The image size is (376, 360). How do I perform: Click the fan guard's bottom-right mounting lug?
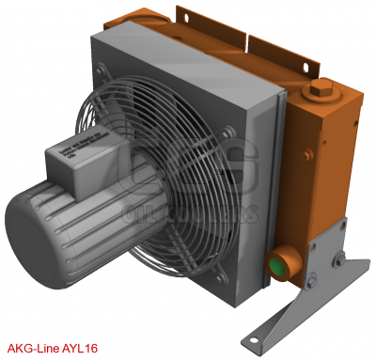222,266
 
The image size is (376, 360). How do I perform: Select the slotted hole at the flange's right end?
310,65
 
